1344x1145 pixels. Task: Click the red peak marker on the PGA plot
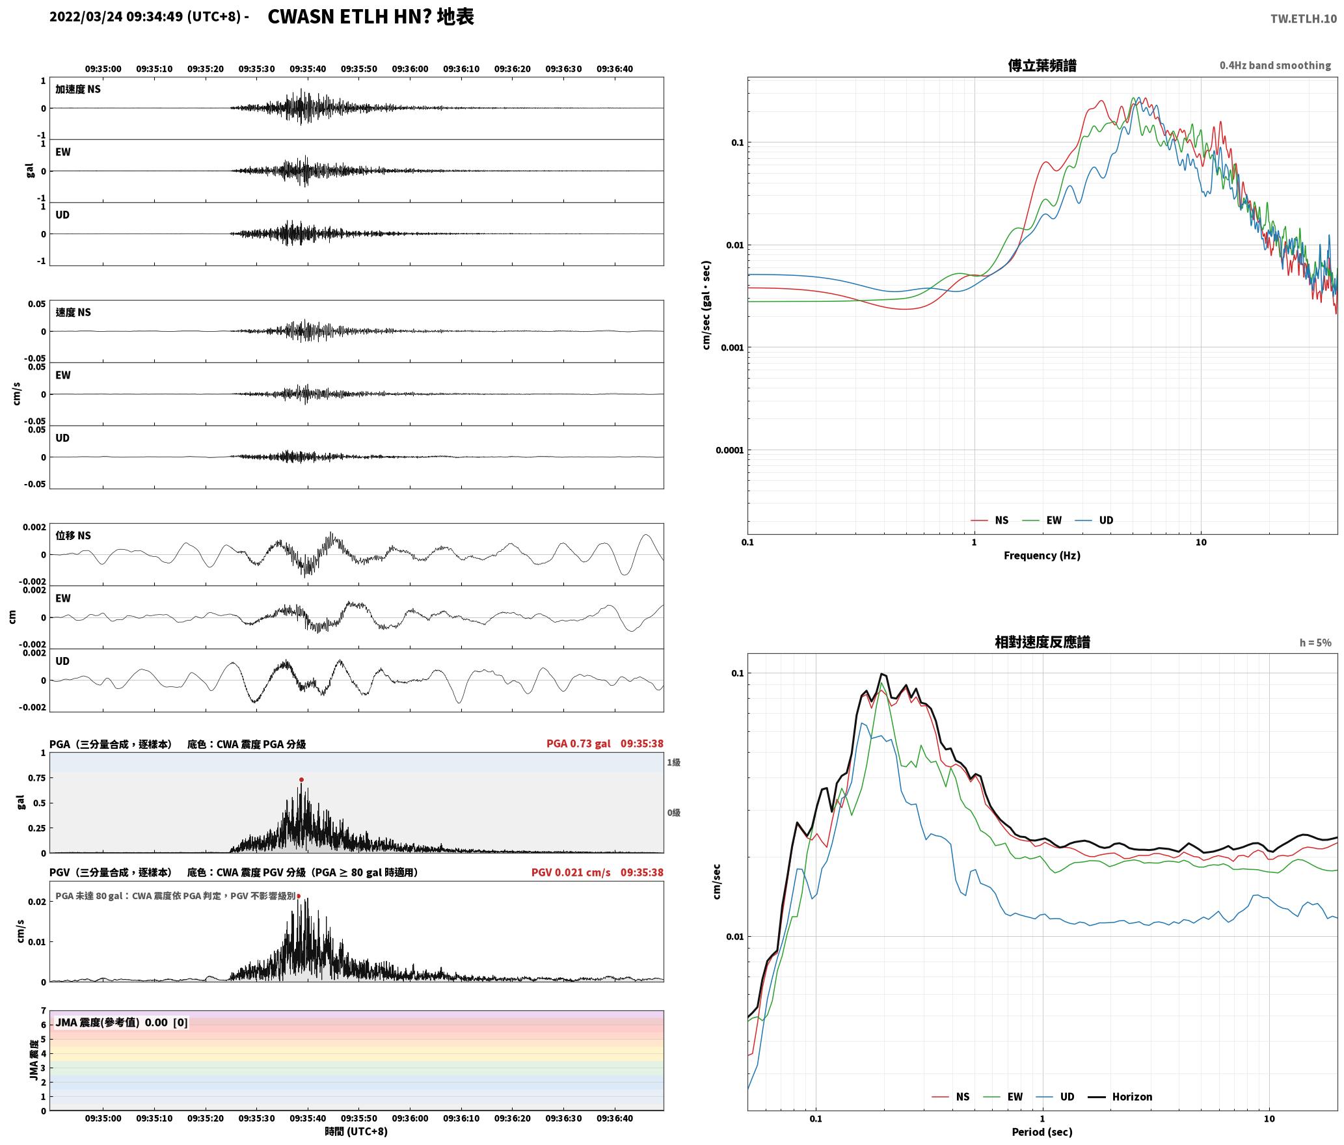point(301,779)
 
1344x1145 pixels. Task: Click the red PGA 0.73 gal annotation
point(578,744)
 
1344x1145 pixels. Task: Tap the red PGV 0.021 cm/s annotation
point(571,872)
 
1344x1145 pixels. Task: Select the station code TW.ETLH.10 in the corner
point(1304,18)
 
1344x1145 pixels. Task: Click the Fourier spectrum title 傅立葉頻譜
point(1042,66)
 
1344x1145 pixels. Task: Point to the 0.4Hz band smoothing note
point(1275,66)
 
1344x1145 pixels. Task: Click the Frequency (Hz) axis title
point(1042,556)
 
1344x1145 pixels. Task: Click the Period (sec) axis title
point(1042,1132)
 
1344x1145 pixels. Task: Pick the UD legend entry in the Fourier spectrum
point(1094,520)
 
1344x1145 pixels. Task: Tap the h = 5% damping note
point(1315,643)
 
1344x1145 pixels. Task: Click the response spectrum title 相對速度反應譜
point(1042,642)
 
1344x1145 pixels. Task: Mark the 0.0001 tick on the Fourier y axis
point(729,450)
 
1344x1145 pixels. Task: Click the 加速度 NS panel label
point(78,89)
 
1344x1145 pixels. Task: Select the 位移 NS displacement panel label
point(73,535)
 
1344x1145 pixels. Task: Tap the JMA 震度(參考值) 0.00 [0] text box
point(122,1022)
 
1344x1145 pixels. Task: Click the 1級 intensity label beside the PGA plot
point(673,762)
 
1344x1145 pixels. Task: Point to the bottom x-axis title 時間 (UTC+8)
point(356,1131)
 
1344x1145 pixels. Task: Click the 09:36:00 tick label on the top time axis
point(410,69)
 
